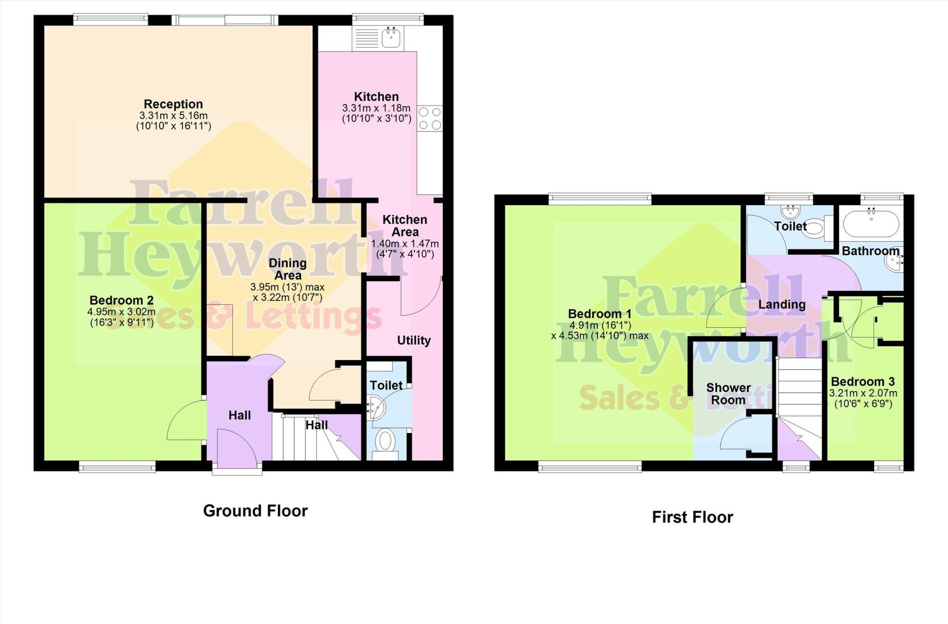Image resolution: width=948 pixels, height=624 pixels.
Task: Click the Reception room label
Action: point(173,104)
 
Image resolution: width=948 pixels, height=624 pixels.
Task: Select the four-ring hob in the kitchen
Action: point(430,119)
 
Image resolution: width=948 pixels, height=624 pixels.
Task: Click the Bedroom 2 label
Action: point(121,300)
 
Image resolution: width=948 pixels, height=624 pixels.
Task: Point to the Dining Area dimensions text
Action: point(287,292)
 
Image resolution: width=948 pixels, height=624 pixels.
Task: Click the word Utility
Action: point(414,340)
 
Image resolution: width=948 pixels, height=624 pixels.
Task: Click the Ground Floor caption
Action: point(255,511)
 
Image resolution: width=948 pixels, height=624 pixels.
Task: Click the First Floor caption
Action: point(692,517)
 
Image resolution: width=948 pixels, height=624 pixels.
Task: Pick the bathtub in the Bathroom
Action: point(871,224)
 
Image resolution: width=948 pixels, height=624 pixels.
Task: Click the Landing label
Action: point(782,304)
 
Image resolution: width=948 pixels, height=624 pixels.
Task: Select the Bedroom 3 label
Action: point(863,382)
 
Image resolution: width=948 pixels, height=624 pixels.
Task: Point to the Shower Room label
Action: point(728,394)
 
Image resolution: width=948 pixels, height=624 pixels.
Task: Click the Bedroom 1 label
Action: point(599,314)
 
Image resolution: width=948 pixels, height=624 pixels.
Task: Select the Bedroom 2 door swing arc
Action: point(184,421)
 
